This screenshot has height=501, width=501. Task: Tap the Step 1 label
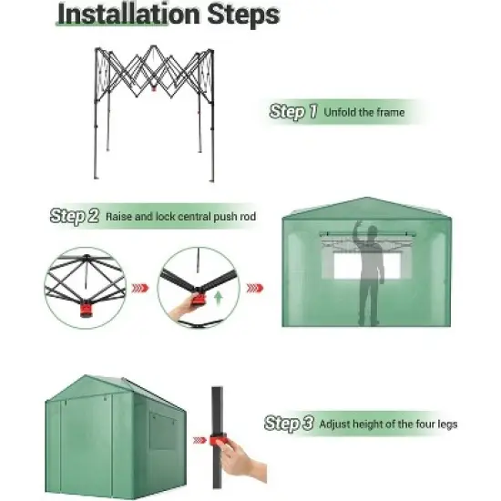[x=293, y=112]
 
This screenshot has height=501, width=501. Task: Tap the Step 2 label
[x=75, y=217]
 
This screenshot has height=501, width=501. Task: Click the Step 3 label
[x=290, y=424]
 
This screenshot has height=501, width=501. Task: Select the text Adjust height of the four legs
[x=387, y=424]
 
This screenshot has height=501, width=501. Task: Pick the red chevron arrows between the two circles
[x=140, y=287]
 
